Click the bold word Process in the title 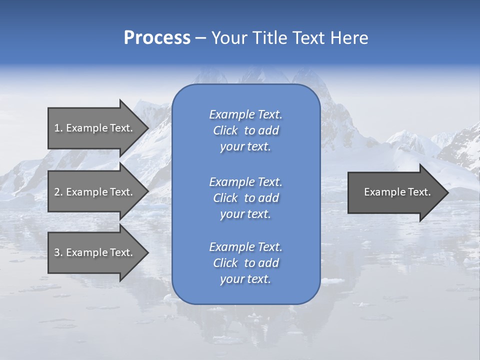click(x=157, y=38)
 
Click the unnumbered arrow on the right click(x=397, y=192)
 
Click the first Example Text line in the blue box click(x=245, y=114)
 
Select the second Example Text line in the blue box click(x=245, y=182)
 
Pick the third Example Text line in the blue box click(x=245, y=247)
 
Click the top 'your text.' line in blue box click(x=245, y=146)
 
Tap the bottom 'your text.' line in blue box click(x=245, y=279)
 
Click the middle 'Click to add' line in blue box click(x=245, y=198)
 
